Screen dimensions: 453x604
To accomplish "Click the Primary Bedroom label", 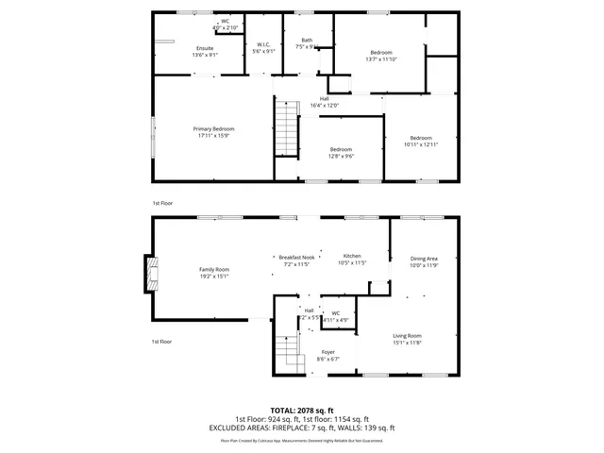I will click(213, 129).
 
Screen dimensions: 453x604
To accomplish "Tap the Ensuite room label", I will click(205, 48).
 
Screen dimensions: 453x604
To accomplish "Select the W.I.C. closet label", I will click(264, 45).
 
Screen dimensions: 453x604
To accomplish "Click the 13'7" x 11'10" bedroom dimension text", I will click(380, 59).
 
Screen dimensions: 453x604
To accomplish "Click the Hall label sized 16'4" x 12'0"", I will click(324, 99).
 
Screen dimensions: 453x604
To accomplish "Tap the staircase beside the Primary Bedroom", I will click(286, 129).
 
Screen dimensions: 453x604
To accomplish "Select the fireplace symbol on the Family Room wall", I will click(148, 274).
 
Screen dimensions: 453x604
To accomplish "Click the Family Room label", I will click(213, 269).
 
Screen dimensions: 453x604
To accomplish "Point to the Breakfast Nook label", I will click(295, 257).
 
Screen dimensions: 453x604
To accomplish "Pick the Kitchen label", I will click(352, 256).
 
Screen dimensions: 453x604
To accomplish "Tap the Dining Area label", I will click(424, 259).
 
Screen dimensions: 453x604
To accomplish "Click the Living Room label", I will click(407, 335).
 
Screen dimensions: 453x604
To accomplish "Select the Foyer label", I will click(327, 352).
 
